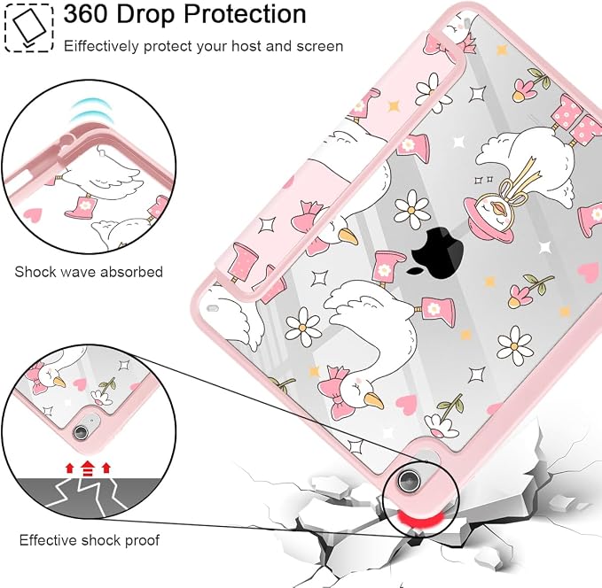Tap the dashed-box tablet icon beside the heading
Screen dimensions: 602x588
(28, 27)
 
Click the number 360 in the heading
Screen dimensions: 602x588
(86, 14)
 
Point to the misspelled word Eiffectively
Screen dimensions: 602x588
(101, 46)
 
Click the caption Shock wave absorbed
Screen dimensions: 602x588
(89, 272)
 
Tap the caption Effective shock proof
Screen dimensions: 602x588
(89, 540)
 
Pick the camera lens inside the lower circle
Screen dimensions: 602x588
(81, 432)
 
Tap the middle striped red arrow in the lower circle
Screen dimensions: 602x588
(88, 468)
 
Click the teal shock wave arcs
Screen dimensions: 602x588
(92, 111)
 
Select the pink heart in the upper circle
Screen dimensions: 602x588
(32, 215)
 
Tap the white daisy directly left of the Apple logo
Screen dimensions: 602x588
(412, 209)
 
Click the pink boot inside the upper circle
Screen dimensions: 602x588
(81, 206)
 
